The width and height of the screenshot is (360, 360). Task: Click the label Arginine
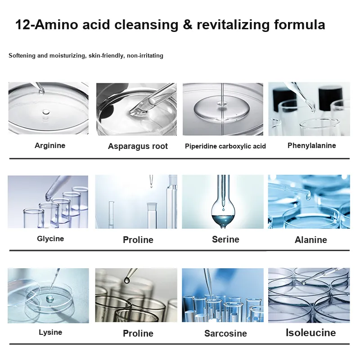tap(50, 145)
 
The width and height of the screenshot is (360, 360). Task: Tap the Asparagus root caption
tap(138, 146)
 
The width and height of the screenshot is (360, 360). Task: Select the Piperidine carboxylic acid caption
tap(225, 146)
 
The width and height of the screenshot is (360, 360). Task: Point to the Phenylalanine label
tap(311, 145)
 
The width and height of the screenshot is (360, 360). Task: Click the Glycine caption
tap(50, 238)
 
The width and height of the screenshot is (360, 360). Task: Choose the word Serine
tap(225, 239)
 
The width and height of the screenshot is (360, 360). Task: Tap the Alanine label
tap(310, 240)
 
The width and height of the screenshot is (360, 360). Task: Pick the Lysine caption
tap(50, 332)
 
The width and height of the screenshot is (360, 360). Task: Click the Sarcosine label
tap(225, 333)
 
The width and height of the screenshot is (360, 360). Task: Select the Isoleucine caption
tap(310, 333)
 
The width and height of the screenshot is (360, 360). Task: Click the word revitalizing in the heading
tap(233, 25)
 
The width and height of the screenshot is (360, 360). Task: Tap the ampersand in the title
tap(188, 25)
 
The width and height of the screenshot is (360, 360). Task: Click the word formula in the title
tap(300, 25)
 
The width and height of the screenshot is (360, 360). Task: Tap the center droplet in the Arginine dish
tap(46, 112)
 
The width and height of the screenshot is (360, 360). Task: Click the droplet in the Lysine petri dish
tap(49, 298)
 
